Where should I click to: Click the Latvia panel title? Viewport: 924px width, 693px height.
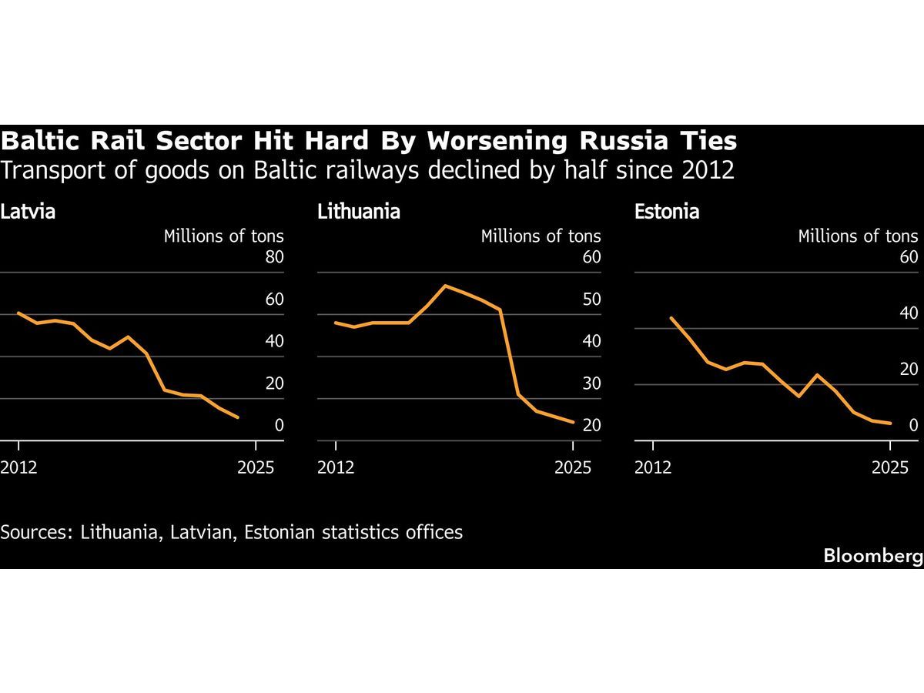pyautogui.click(x=28, y=212)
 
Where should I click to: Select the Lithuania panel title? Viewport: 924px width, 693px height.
pyautogui.click(x=359, y=212)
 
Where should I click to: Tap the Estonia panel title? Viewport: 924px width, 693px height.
pyautogui.click(x=667, y=212)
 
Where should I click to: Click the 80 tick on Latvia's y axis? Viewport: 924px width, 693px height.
pyautogui.click(x=275, y=257)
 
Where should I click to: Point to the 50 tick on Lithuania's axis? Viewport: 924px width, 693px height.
pyautogui.click(x=591, y=300)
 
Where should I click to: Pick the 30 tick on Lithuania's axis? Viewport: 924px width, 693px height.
pyautogui.click(x=591, y=383)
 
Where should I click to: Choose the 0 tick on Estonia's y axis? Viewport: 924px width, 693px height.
pyautogui.click(x=913, y=425)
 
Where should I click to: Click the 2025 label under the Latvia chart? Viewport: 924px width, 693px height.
pyautogui.click(x=256, y=467)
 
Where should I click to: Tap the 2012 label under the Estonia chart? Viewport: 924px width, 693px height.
pyautogui.click(x=654, y=467)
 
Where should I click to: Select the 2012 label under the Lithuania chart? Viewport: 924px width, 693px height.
pyautogui.click(x=336, y=467)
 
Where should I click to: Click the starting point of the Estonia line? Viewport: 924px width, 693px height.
pyautogui.click(x=671, y=318)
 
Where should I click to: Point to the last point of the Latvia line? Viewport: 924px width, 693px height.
pyautogui.click(x=237, y=417)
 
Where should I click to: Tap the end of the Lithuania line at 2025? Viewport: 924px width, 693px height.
pyautogui.click(x=573, y=422)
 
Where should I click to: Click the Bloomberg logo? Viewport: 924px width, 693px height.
pyautogui.click(x=872, y=555)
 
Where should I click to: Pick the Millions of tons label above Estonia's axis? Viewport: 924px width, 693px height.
pyautogui.click(x=858, y=236)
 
